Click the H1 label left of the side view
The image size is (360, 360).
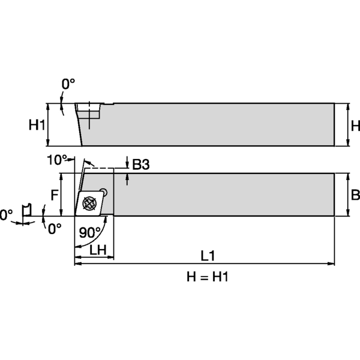[x=37, y=125]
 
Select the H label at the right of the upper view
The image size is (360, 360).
[x=355, y=125]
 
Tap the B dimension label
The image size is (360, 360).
[x=355, y=195]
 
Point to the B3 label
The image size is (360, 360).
[x=140, y=164]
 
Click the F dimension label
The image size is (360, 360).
[x=53, y=195]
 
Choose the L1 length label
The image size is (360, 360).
[x=208, y=256]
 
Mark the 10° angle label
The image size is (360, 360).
[x=58, y=160]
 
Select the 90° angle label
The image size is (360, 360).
[x=90, y=232]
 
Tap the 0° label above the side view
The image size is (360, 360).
[x=68, y=85]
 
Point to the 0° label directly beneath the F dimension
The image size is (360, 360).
[x=55, y=229]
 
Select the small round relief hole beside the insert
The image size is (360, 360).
[x=104, y=193]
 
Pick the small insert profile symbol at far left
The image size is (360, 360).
[x=26, y=210]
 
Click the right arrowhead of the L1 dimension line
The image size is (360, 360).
[x=331, y=263]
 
